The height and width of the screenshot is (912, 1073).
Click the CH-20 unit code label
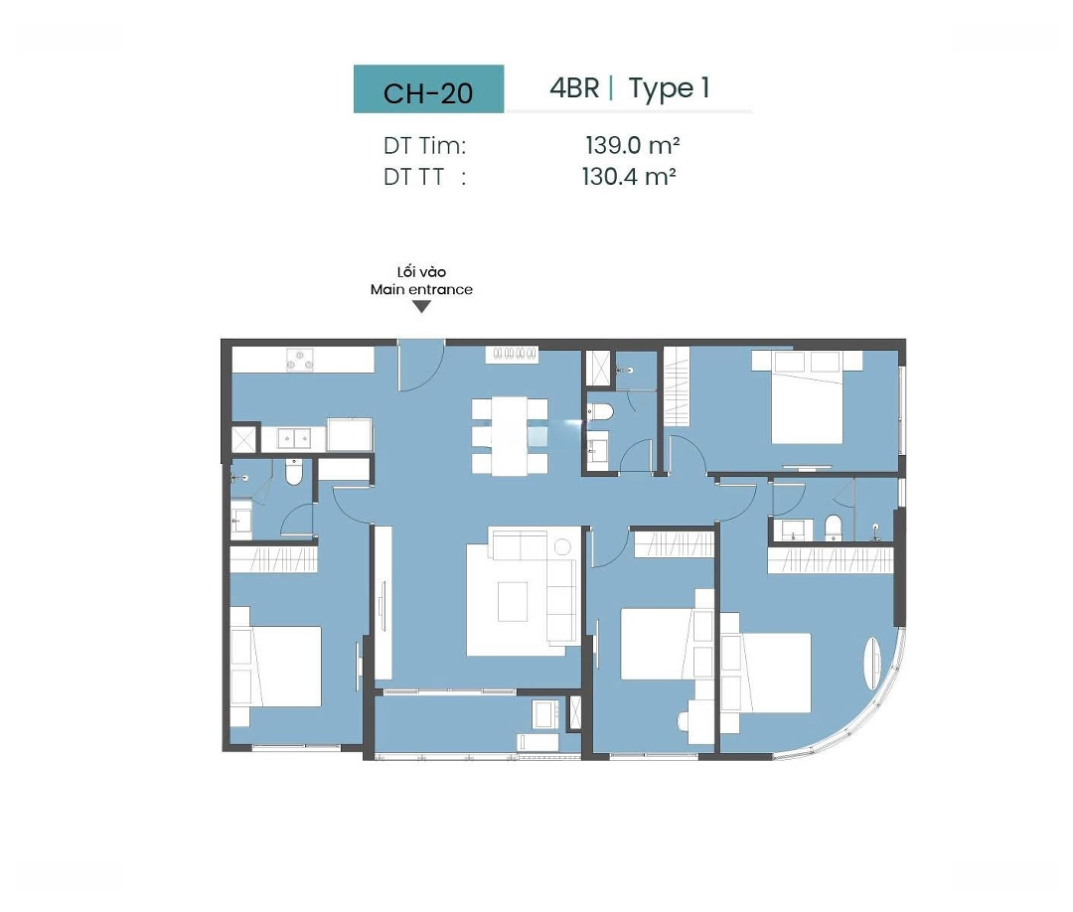pos(427,93)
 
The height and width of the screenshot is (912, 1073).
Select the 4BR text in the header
pos(574,87)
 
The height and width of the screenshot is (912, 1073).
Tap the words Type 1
pos(669,89)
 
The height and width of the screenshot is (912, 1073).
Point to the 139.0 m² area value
pos(632,145)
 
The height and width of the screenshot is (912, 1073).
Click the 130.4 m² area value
pos(629,177)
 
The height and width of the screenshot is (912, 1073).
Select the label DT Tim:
pos(424,146)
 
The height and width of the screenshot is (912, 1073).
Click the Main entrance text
pos(421,289)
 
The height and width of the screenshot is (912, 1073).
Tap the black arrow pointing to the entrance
pos(422,307)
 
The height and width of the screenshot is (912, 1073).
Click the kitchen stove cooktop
pos(300,360)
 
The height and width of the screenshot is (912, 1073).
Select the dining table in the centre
pos(509,436)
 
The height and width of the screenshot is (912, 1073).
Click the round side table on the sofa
pos(562,546)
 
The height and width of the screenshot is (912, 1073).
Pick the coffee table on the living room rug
pos(512,601)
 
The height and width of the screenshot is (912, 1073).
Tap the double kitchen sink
pos(294,438)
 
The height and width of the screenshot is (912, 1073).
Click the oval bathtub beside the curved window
pos(872,663)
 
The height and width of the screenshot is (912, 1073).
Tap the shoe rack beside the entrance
pos(512,354)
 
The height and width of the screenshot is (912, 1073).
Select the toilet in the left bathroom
pos(293,471)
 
